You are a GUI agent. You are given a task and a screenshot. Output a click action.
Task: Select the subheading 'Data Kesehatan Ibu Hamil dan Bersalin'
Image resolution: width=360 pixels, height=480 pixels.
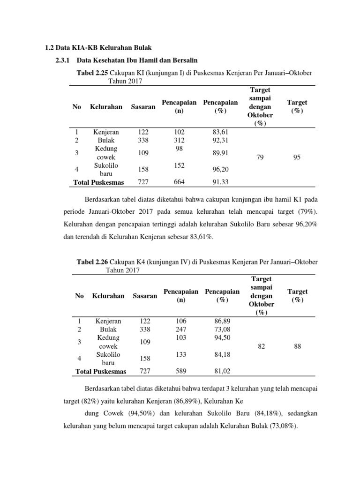pyautogui.click(x=137, y=60)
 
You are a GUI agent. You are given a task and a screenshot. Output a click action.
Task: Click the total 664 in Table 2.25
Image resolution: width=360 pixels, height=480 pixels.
pyautogui.click(x=179, y=182)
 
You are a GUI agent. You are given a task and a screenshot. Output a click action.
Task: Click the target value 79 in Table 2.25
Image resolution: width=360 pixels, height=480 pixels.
pyautogui.click(x=260, y=157)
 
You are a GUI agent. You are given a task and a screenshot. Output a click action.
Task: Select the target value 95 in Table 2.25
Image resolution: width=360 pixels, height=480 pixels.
pyautogui.click(x=297, y=157)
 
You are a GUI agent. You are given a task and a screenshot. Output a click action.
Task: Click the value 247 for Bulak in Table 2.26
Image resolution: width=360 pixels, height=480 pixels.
pyautogui.click(x=181, y=330)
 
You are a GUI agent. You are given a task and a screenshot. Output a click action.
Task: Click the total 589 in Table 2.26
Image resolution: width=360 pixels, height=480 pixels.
pyautogui.click(x=181, y=371)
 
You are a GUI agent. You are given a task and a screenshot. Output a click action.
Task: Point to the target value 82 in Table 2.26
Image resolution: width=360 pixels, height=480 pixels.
pyautogui.click(x=262, y=346)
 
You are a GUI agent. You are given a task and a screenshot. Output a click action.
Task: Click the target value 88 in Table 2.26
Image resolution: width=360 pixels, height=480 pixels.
pyautogui.click(x=298, y=346)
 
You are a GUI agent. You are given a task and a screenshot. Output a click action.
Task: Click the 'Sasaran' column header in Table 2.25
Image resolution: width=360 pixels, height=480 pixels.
pyautogui.click(x=143, y=106)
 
